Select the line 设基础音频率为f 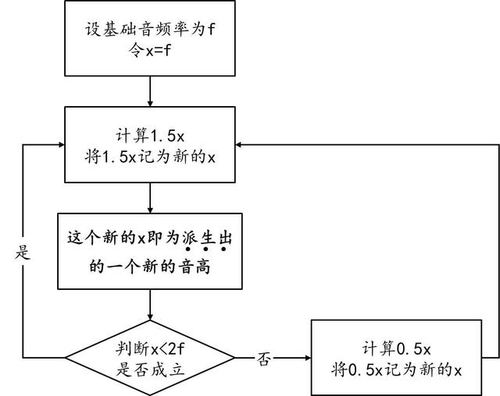[x=149, y=30]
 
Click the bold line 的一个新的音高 [x=149, y=266]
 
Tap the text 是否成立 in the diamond [x=149, y=369]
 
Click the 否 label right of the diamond [x=264, y=359]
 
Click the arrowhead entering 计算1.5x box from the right [x=242, y=145]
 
